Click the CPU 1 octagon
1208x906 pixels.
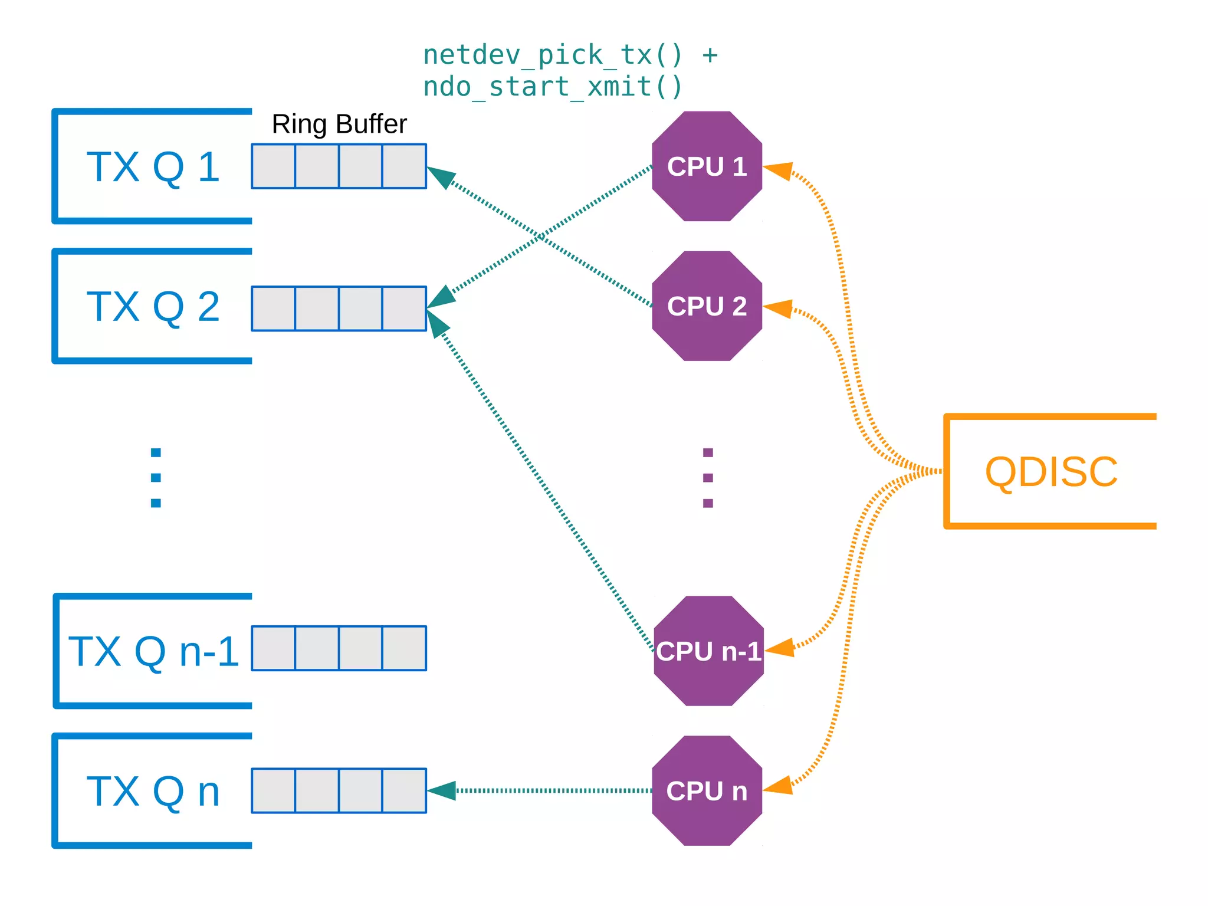tap(707, 166)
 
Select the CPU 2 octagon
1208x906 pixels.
tap(707, 306)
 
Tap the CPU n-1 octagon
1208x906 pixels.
tap(708, 651)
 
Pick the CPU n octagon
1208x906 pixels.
tap(707, 791)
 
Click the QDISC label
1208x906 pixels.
tap(1051, 472)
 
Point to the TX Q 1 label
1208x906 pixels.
tap(153, 167)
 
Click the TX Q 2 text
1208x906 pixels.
tap(153, 307)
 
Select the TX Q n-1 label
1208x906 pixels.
tap(153, 652)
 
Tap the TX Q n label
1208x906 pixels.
tap(153, 792)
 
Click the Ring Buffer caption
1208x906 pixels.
tap(339, 124)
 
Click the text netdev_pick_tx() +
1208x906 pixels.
tap(570, 55)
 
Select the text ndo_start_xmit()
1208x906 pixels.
tap(553, 87)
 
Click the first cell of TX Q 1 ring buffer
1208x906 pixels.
tap(274, 166)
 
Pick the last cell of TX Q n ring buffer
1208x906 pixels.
tap(404, 791)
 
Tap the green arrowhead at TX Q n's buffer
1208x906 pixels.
tap(442, 790)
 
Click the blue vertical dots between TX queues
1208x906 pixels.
tap(156, 478)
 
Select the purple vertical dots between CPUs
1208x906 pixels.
tap(708, 478)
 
